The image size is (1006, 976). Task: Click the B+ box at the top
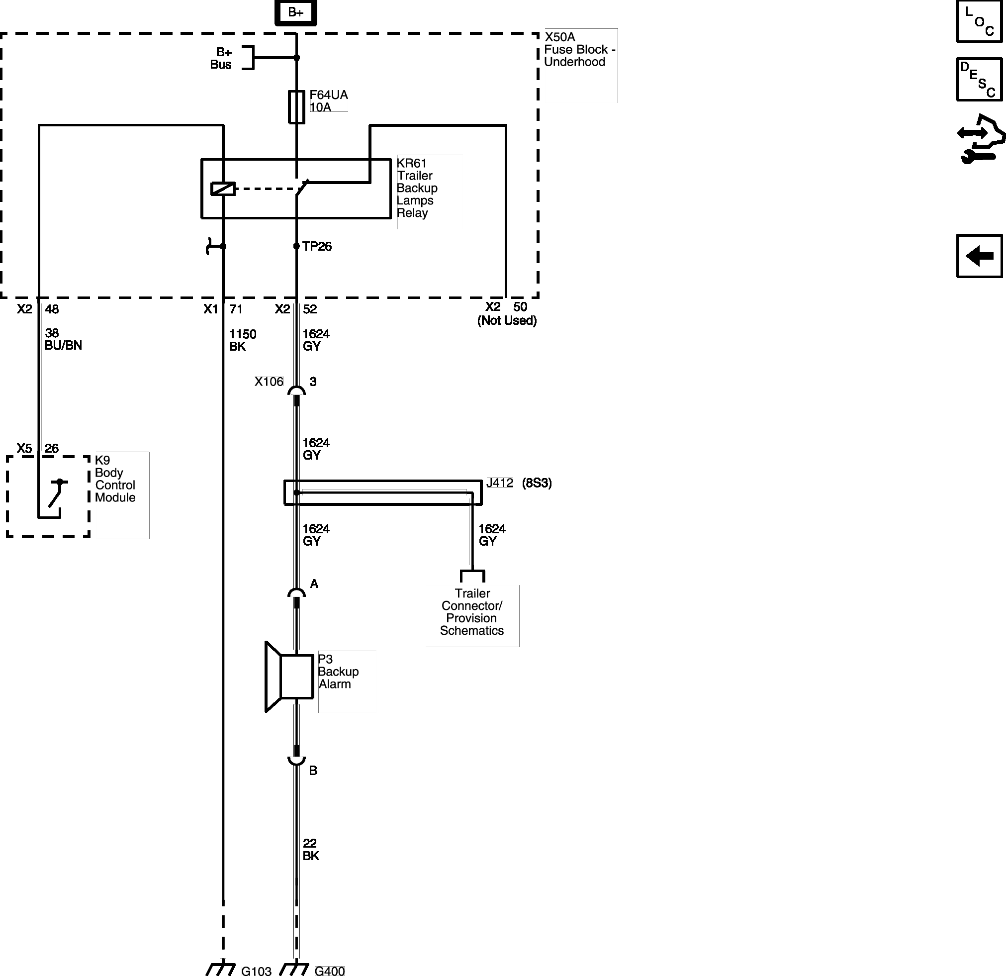[296, 12]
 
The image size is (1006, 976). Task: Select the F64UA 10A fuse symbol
[297, 107]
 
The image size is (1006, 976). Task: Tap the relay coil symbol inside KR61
[223, 189]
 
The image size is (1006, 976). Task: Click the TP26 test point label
[317, 246]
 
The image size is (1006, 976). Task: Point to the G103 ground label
[256, 971]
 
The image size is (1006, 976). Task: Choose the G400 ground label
[330, 971]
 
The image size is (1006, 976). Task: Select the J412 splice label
[499, 483]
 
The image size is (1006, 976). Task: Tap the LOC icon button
[979, 21]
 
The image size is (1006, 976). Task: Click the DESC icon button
[979, 79]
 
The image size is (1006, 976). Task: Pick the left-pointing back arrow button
[979, 256]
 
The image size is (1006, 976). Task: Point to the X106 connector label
[269, 382]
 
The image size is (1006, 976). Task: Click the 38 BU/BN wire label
[63, 339]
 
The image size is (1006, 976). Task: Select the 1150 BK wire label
[242, 340]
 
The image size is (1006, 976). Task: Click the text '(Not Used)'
[507, 320]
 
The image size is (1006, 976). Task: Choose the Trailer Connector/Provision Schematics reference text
[472, 612]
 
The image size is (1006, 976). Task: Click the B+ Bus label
[221, 58]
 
